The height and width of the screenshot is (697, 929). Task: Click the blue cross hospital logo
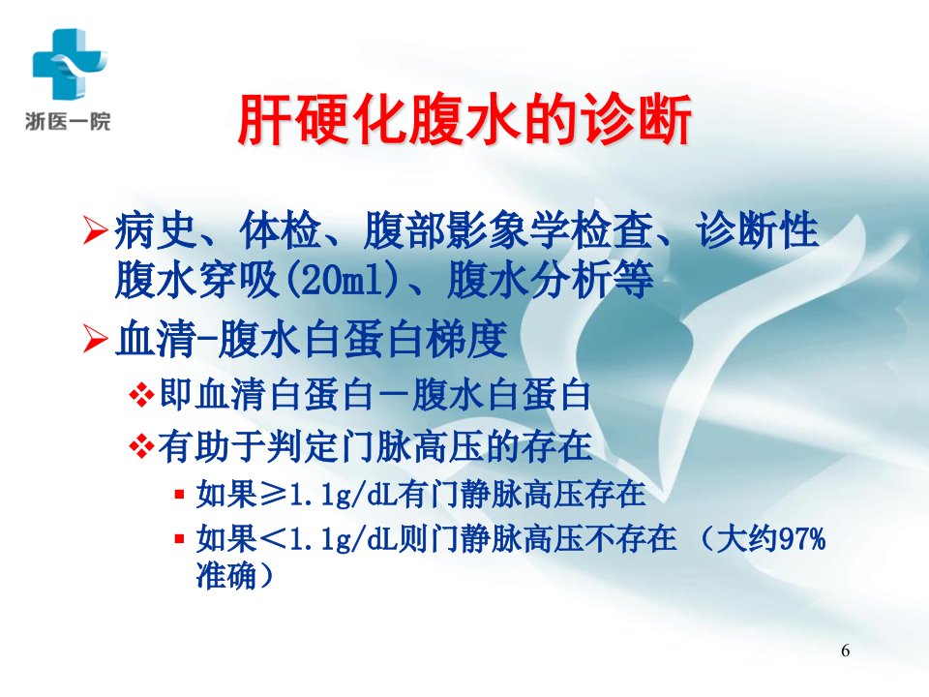click(70, 64)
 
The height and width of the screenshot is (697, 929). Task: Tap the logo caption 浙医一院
click(68, 122)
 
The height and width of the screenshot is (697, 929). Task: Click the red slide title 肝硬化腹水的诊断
click(464, 120)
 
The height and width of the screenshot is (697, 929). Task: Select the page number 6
click(846, 651)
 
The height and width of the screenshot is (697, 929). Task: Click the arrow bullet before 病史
click(95, 231)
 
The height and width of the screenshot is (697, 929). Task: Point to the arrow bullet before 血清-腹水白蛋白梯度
click(95, 340)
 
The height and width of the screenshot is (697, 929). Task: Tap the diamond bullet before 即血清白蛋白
click(141, 395)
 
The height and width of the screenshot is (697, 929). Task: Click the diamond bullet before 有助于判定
click(141, 447)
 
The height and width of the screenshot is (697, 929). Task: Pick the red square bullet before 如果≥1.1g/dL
click(180, 493)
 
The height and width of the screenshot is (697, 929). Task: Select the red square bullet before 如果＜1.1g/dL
click(180, 539)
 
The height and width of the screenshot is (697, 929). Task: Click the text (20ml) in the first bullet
click(343, 280)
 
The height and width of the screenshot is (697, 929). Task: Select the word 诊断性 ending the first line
click(758, 230)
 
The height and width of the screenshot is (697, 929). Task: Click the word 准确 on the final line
click(225, 574)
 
